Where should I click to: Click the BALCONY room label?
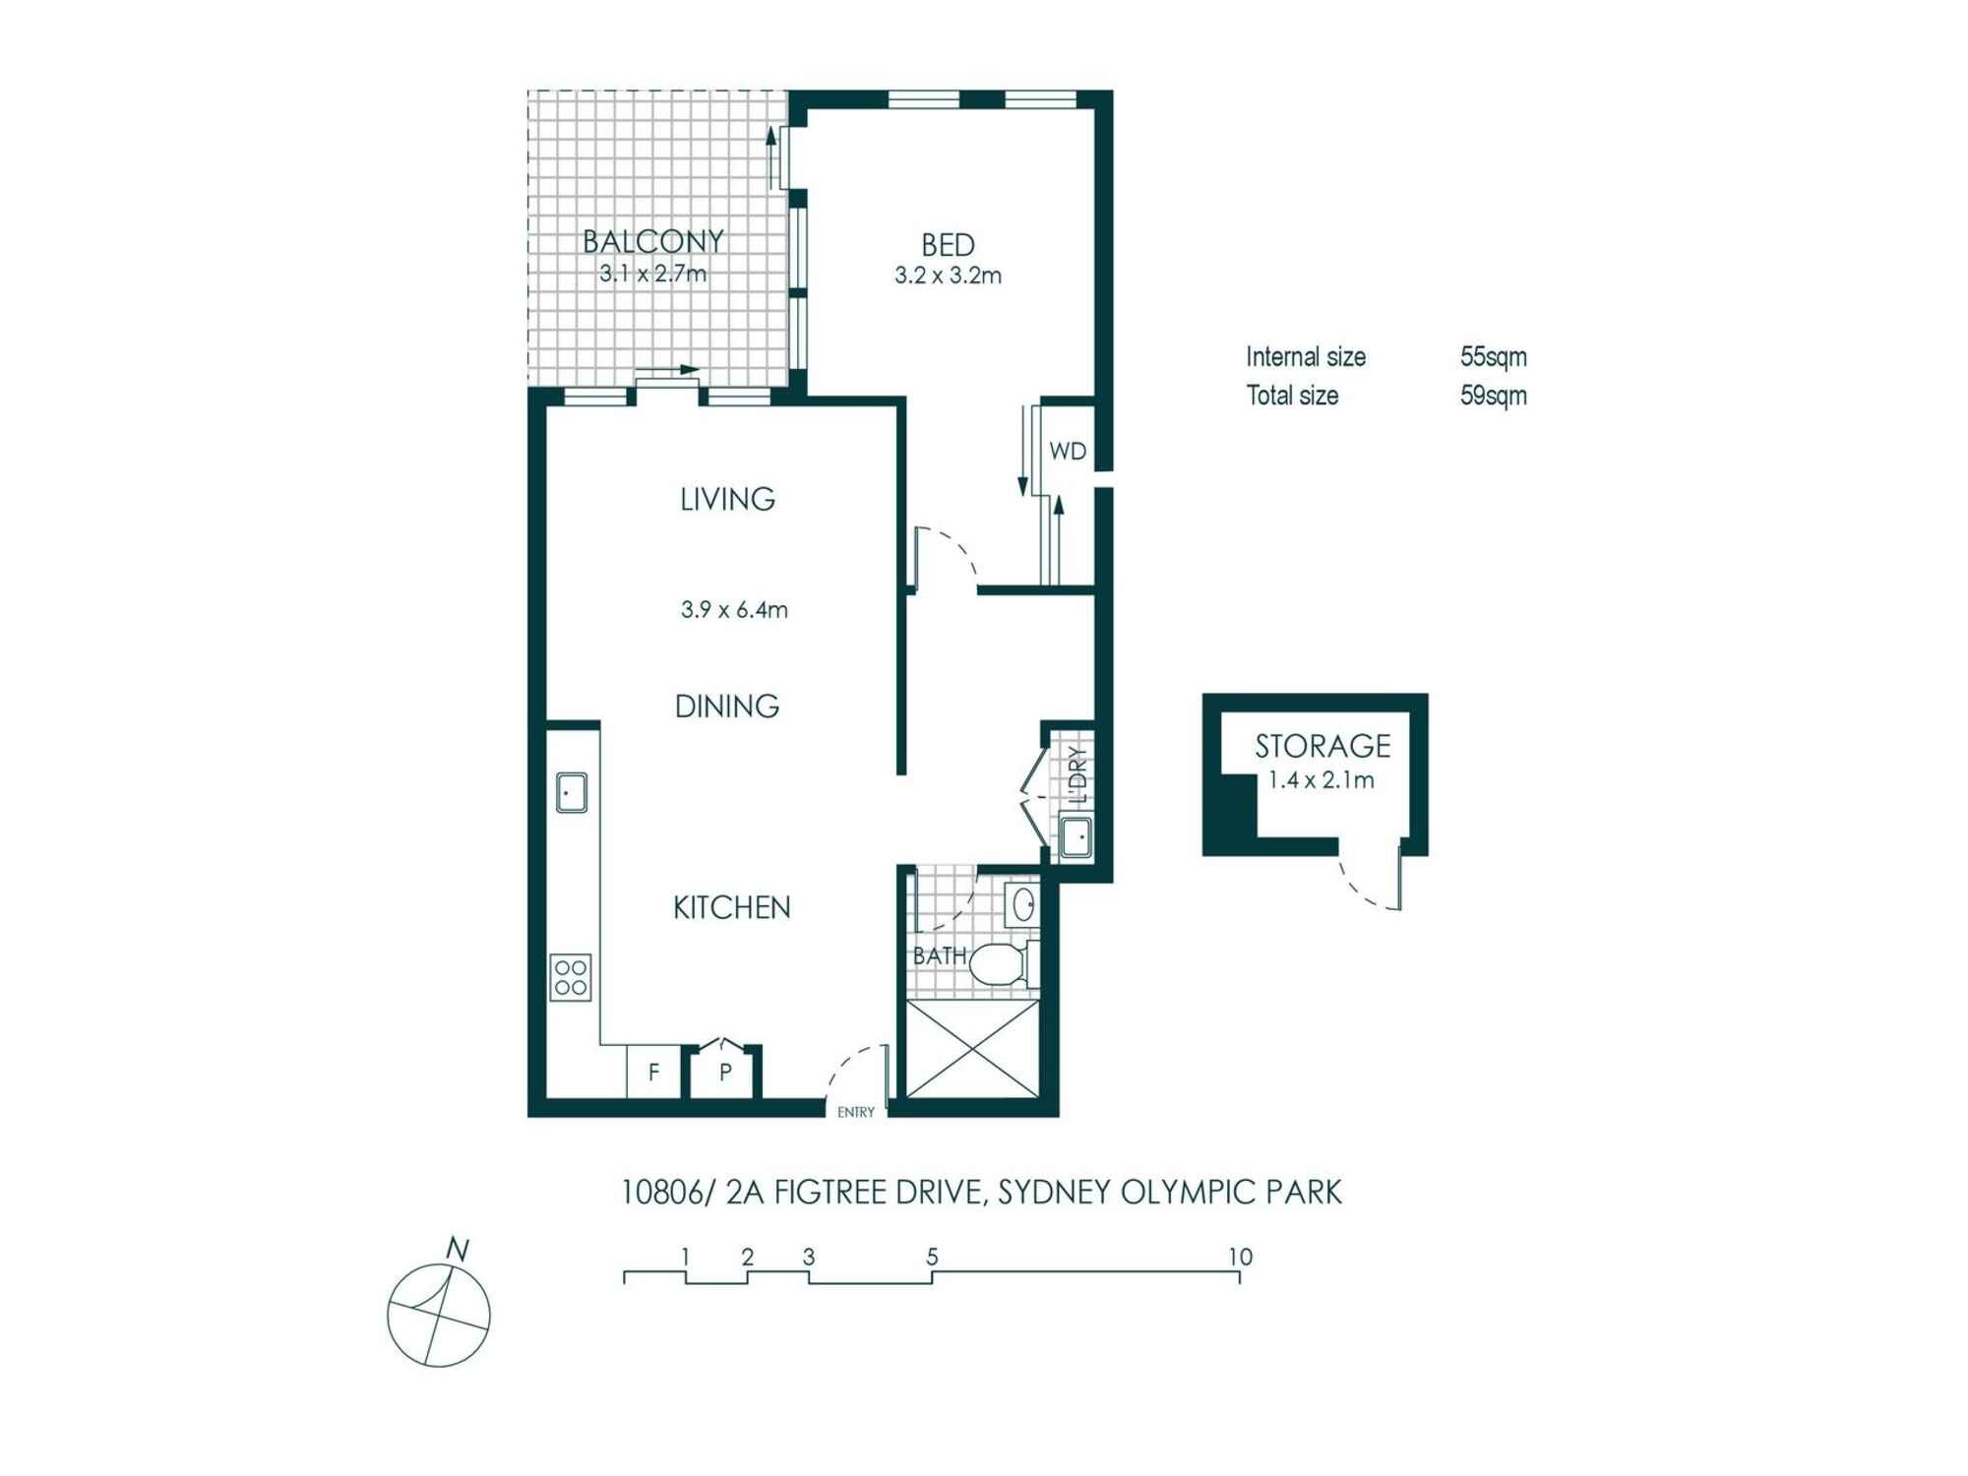pos(653,241)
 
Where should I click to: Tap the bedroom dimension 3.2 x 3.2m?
pos(948,276)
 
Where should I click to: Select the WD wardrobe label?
pos(1068,452)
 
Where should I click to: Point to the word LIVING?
pos(727,499)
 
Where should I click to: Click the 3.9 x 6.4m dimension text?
pos(734,609)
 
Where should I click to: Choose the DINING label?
pos(727,706)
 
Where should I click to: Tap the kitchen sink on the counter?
pos(572,792)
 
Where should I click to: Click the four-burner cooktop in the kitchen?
pos(572,977)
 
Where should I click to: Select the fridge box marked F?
pos(653,1071)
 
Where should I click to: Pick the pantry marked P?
pos(725,1071)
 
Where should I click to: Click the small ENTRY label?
pos(856,1112)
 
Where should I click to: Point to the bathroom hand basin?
pos(1022,903)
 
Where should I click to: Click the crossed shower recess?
pos(972,1048)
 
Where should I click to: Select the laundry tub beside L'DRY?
pos(1076,837)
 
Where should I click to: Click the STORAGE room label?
pos(1322,746)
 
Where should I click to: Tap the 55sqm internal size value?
pos(1494,356)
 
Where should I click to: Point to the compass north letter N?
pos(458,1250)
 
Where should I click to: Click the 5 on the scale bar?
pos(932,1257)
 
